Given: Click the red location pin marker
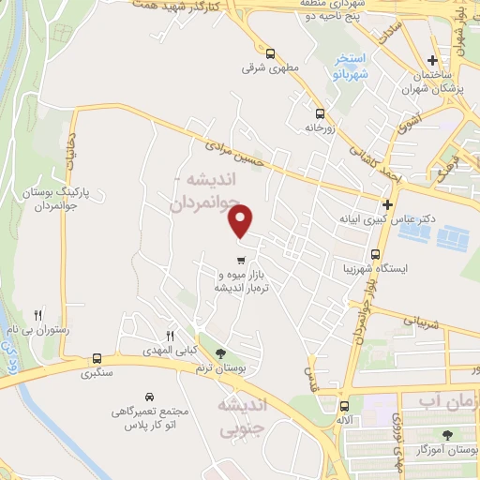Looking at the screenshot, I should pos(241,221).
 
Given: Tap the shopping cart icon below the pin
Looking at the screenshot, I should pos(241,261).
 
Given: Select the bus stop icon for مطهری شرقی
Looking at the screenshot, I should pos(270,53).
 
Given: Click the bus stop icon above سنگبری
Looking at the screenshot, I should pos(97,358).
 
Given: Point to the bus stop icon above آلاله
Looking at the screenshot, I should pos(344,407).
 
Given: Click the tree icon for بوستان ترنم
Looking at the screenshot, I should pos(220,353).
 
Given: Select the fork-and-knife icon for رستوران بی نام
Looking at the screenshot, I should pos(38,315).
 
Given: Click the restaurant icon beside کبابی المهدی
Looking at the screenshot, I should pos(170,336).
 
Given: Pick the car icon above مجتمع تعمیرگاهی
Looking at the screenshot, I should pos(150,397).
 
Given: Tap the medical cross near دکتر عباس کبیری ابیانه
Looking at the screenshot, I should pos(387,204).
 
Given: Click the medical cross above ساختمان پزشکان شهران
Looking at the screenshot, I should pos(433,58).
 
